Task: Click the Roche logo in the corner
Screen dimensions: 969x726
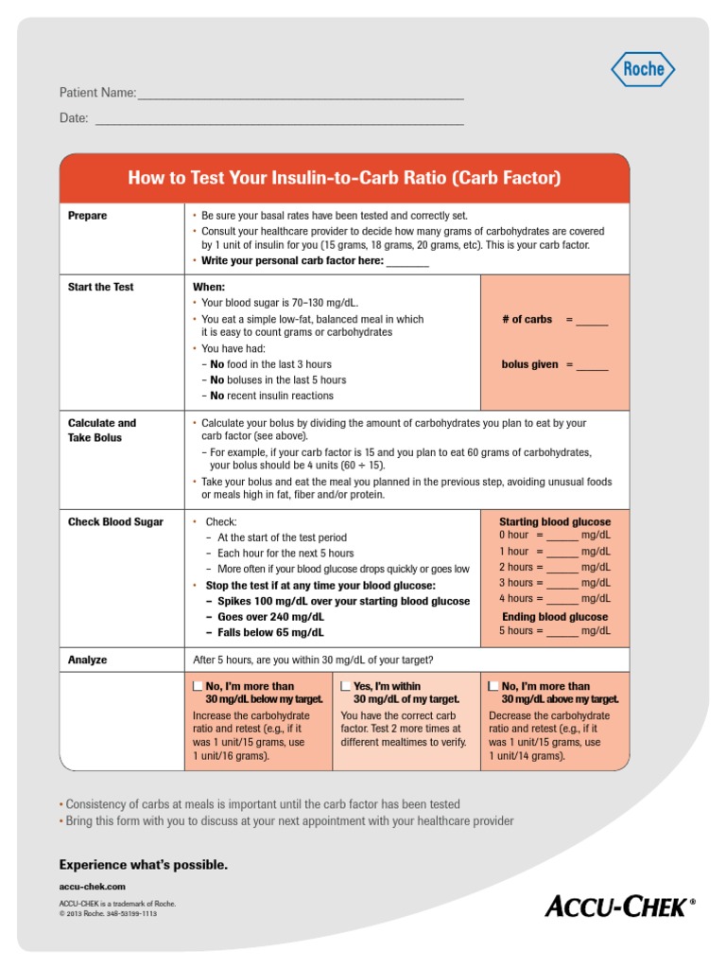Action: tap(643, 69)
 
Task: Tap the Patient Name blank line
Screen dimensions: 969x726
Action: tap(301, 95)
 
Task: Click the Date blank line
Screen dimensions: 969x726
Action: tap(280, 120)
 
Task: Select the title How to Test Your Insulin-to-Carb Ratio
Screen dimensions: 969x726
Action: tap(344, 178)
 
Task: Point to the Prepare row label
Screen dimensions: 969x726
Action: tap(88, 216)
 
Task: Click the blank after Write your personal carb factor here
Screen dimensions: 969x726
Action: tap(407, 262)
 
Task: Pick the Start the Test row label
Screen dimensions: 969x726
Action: tap(101, 287)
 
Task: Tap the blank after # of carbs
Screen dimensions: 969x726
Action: tap(592, 321)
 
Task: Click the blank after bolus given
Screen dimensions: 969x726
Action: tap(592, 365)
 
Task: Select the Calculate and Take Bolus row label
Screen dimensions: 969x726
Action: tap(101, 431)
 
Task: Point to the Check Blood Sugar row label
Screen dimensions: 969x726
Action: tap(115, 521)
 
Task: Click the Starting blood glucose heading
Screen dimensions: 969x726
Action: tap(555, 521)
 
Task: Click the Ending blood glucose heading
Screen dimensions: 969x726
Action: tap(555, 616)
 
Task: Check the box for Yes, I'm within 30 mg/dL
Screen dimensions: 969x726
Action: tap(346, 686)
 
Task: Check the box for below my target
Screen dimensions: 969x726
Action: tap(197, 686)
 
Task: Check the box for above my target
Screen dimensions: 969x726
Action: tap(493, 686)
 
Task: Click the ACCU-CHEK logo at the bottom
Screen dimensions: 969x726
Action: tap(619, 907)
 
